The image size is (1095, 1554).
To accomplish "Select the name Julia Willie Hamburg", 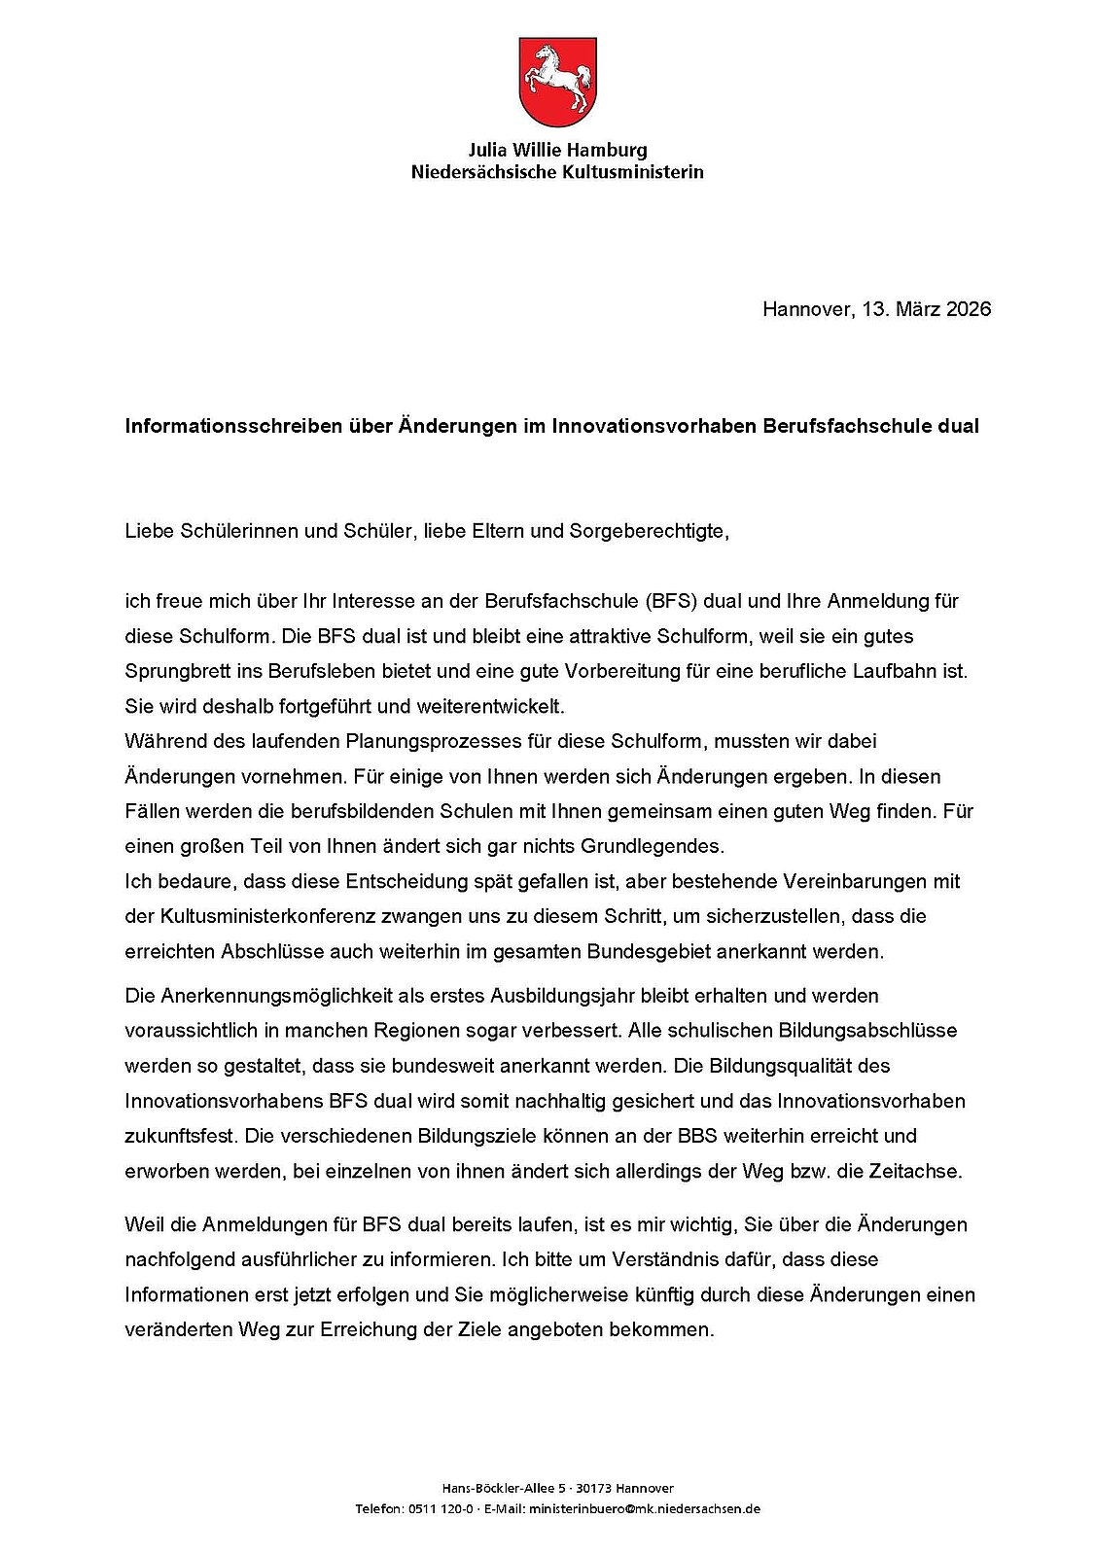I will (x=557, y=151).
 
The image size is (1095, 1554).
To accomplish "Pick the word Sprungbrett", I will (x=173, y=671).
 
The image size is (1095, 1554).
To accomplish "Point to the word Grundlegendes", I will (x=666, y=846).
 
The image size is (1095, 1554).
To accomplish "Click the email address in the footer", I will (x=644, y=1509).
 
